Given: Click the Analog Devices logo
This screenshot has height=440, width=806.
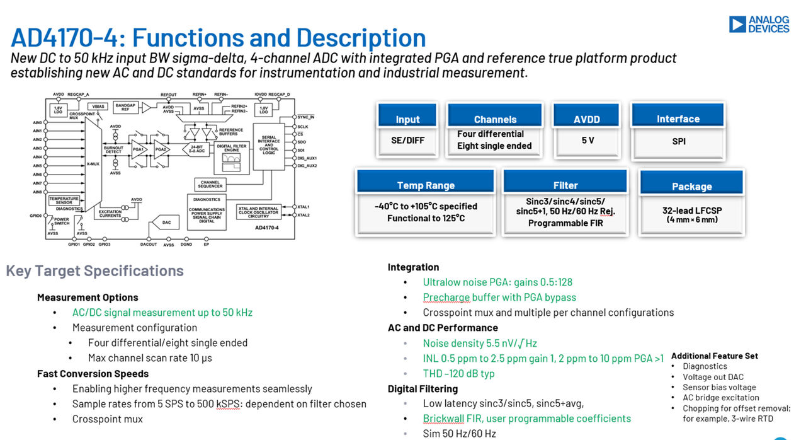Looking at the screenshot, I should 759,25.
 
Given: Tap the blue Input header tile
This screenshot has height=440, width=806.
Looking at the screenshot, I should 407,117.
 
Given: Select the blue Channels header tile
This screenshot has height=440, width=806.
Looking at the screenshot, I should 495,117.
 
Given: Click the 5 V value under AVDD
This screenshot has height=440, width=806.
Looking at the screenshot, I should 587,141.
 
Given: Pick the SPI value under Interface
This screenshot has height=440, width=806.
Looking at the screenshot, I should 678,141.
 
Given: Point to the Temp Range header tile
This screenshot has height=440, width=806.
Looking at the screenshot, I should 426,183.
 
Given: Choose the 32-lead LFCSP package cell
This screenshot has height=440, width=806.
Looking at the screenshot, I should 691,214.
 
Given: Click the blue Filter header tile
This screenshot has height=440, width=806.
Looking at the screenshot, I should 565,183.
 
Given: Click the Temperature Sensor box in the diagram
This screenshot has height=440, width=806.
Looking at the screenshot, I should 64,200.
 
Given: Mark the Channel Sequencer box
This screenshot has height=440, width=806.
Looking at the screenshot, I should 210,184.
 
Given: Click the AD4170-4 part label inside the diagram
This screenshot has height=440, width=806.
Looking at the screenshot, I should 267,227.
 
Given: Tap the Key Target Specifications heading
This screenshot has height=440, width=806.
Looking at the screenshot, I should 94,271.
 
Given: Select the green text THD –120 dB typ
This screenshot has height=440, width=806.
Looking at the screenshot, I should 458,373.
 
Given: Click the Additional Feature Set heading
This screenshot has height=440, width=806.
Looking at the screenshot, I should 714,356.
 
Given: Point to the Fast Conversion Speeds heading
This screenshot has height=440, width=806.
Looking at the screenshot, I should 93,373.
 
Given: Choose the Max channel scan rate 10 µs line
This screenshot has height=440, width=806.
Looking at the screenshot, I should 150,358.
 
